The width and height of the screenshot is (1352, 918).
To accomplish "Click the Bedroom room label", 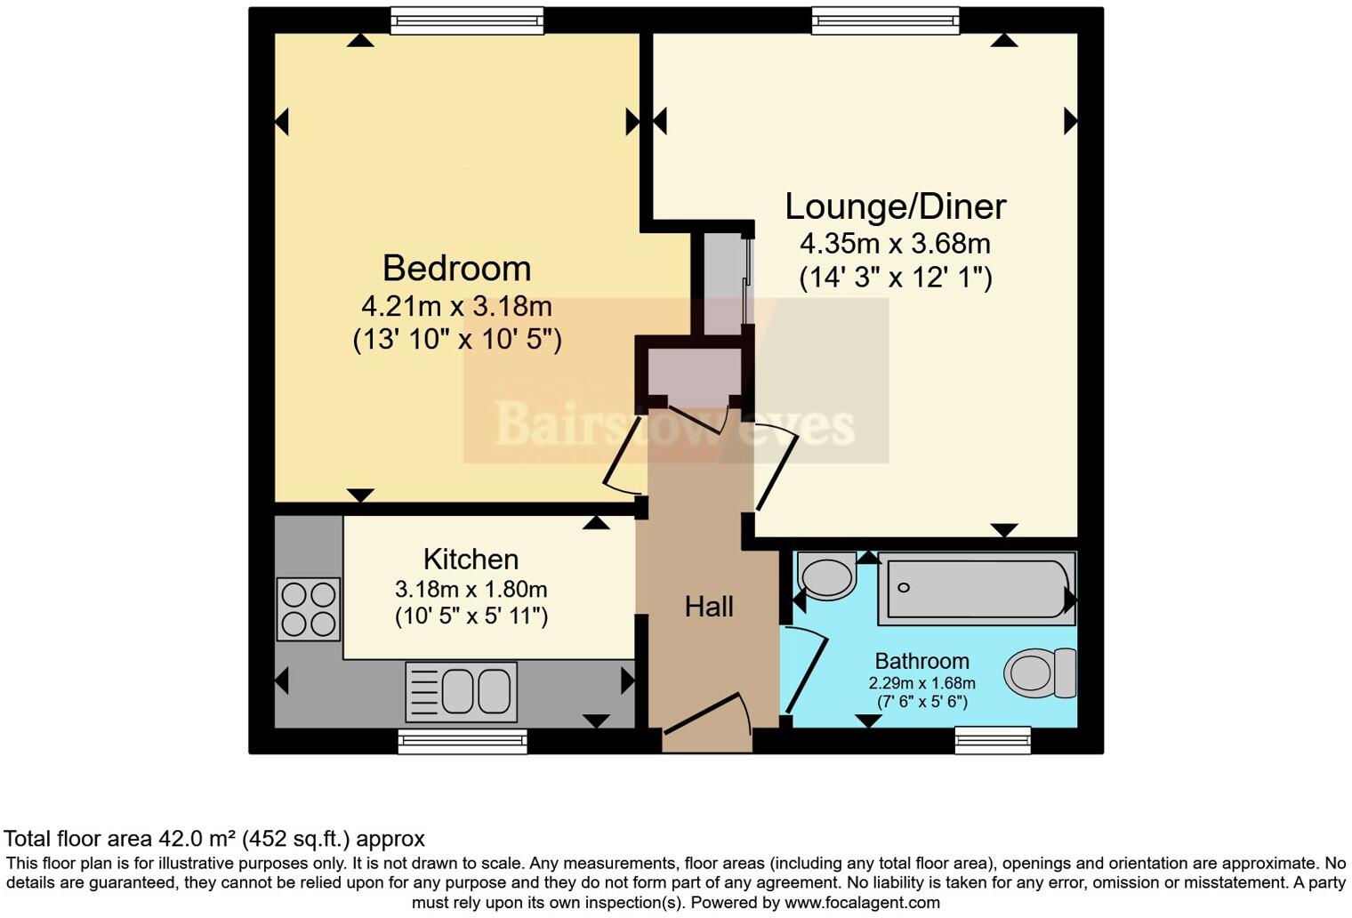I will pos(456,269).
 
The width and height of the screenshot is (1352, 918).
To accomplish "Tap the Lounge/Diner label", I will pos(895,206).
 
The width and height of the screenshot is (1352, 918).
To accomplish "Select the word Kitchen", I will pos(471,560).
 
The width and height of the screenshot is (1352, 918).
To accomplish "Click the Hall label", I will pos(709,607).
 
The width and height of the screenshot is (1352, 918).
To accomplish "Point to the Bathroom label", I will pos(921,661).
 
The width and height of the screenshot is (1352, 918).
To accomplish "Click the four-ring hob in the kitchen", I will pos(309,609).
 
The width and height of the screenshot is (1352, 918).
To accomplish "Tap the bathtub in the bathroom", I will pos(976,588).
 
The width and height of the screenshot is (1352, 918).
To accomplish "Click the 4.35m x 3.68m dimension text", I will pos(895,243).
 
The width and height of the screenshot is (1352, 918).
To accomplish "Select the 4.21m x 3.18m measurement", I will pos(456,306).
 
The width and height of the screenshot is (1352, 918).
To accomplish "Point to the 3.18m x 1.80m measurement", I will pos(471,589).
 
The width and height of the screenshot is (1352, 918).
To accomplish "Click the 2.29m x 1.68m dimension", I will pos(921,683).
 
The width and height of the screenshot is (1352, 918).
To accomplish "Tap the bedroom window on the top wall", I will pos(467,20).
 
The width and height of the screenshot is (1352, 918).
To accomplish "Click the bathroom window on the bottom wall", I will pos(993,740).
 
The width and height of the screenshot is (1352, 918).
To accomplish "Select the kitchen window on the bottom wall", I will pos(462,741).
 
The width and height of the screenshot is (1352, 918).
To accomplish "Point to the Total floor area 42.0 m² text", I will pos(213,838).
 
